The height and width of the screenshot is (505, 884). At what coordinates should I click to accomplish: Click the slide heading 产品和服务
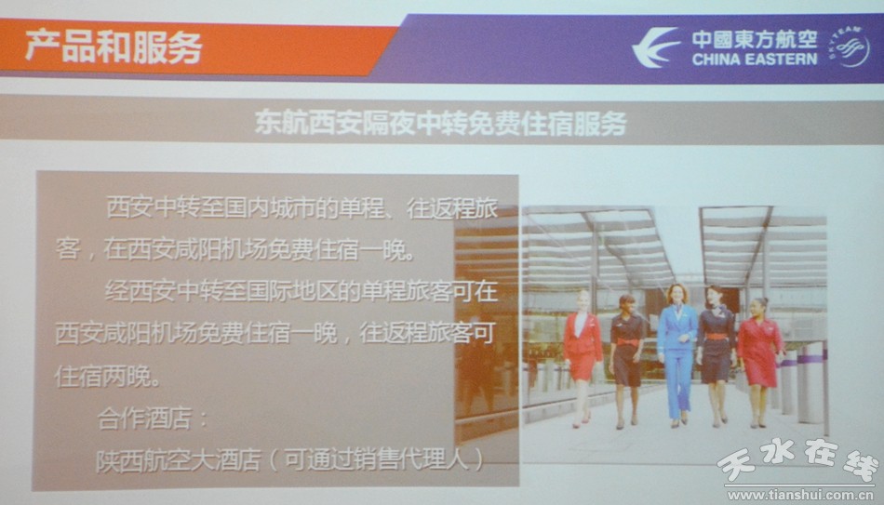114,47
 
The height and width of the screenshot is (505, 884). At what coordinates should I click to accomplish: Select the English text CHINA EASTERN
755,60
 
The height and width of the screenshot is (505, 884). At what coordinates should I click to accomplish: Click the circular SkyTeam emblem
850,47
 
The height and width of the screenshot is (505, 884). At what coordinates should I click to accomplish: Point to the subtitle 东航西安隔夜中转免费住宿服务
440,123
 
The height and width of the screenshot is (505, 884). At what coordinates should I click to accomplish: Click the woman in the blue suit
676,353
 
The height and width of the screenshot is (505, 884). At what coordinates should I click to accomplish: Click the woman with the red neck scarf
716,356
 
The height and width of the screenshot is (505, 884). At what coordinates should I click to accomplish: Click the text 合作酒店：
153,419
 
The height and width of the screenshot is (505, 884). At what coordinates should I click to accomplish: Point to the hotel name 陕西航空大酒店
178,460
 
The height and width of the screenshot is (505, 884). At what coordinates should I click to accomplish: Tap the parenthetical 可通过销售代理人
376,460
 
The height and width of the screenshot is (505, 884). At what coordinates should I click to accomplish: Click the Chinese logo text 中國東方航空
755,39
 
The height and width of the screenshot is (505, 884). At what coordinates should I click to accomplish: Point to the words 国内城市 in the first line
269,208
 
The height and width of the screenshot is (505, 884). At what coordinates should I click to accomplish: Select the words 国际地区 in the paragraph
269,292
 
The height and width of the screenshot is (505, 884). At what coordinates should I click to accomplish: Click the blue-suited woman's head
676,294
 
